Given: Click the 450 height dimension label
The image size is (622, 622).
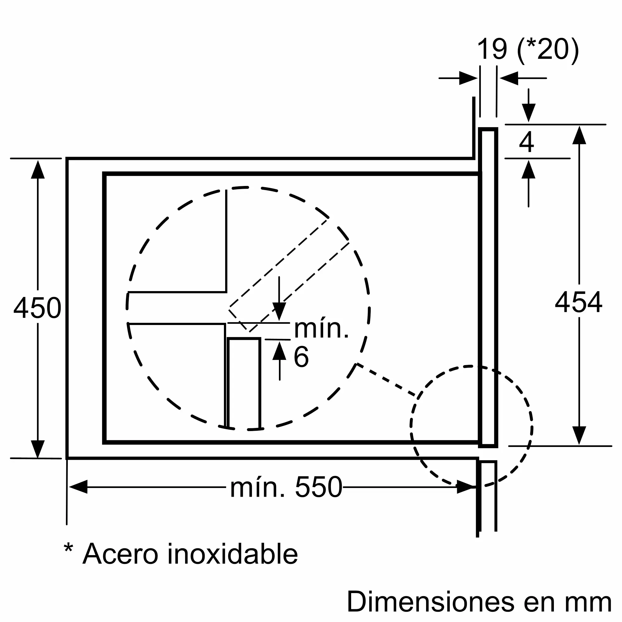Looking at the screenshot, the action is tap(37, 308).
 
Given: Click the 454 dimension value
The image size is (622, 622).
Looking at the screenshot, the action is tap(578, 302).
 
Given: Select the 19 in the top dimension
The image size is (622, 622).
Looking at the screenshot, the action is tap(492, 49).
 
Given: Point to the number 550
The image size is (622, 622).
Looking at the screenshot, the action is tap(318, 487).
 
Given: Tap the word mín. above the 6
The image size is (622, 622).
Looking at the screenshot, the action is tap(321, 329).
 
